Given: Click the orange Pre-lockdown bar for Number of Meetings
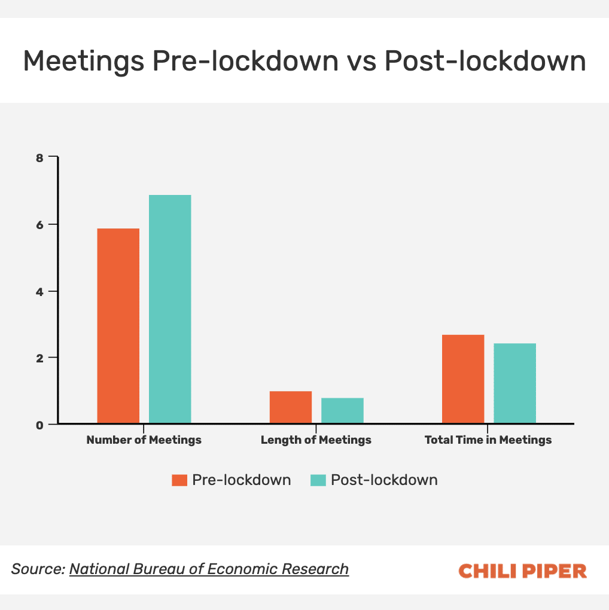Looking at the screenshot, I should [118, 326].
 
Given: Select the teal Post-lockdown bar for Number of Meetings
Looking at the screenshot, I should [170, 309].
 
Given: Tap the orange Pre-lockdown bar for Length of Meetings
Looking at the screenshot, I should [291, 407].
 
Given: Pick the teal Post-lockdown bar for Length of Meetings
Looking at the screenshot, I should [342, 411].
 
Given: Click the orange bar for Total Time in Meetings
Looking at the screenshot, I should [463, 379].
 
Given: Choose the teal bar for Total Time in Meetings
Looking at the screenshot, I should [514, 383].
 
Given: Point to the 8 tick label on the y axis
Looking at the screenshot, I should [39, 158].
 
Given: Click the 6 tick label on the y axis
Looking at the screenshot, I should [39, 225].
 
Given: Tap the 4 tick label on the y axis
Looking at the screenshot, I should [39, 291].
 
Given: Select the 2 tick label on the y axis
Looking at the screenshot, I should [39, 358].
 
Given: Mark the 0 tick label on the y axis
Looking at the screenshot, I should [39, 425].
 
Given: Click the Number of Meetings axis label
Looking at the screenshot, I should [144, 440].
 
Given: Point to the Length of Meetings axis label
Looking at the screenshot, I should [316, 440].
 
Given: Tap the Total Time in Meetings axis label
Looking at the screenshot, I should [488, 440].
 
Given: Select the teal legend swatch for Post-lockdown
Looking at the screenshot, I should [318, 480].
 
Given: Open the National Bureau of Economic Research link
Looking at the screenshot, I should [209, 569].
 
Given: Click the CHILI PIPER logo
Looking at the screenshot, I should [522, 571].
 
